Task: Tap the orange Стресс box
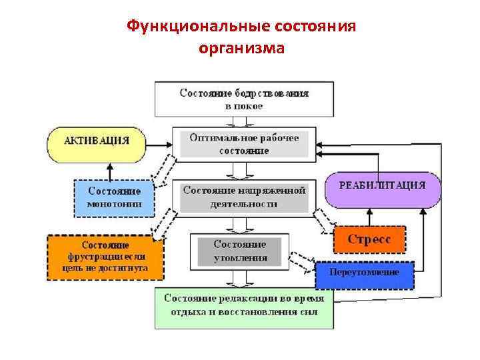tap(369, 238)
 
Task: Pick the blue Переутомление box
tap(364, 273)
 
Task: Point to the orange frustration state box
tap(98, 256)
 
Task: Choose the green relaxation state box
tap(243, 307)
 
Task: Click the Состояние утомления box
tap(241, 251)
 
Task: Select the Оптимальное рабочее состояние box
tap(244, 143)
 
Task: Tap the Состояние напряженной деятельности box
tap(244, 198)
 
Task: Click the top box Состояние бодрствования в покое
tap(244, 99)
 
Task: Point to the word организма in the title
tap(241, 48)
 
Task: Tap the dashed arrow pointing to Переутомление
tap(303, 261)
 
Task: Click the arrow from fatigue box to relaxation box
tap(241, 278)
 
